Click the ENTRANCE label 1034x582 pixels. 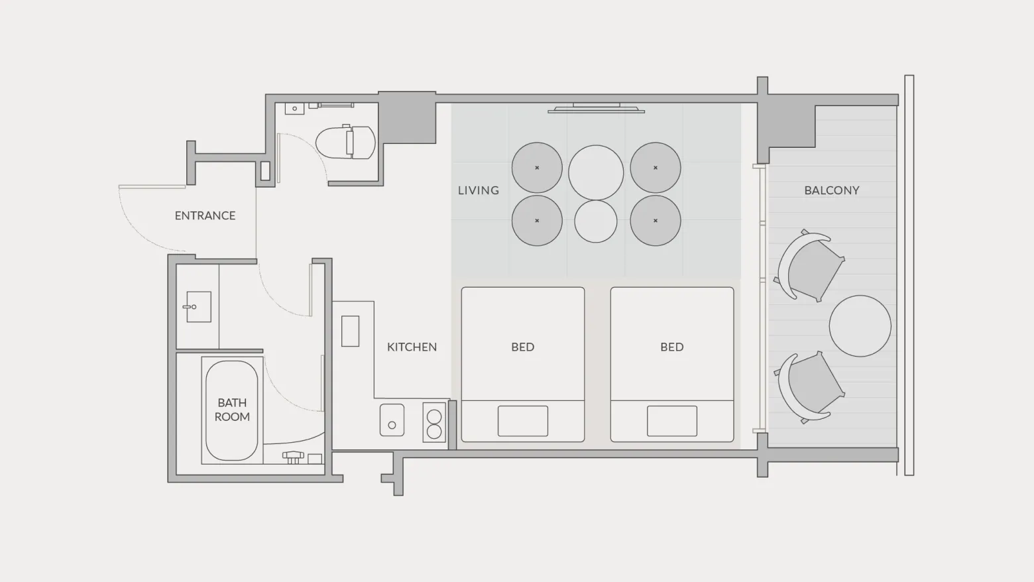coord(205,215)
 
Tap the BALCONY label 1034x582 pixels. coord(832,190)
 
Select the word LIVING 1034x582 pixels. coord(479,190)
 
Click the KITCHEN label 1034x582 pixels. coord(412,347)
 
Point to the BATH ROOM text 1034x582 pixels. coord(232,410)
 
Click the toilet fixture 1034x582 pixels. coord(346,142)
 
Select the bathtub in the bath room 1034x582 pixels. coord(232,410)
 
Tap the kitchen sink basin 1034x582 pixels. coord(392,420)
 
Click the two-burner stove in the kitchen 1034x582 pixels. coord(434,423)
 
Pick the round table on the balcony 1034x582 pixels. coord(860,326)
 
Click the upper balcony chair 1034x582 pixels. coord(810,265)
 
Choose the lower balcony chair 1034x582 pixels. coord(810,386)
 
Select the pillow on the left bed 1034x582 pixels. coord(523,421)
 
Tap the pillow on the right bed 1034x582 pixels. coord(672,421)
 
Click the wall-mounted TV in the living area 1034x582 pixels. coord(596,108)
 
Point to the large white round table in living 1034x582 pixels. coord(596,172)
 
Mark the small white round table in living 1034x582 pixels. coord(596,221)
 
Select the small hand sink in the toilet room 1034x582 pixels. coord(294,109)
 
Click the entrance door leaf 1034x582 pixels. coord(152,187)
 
